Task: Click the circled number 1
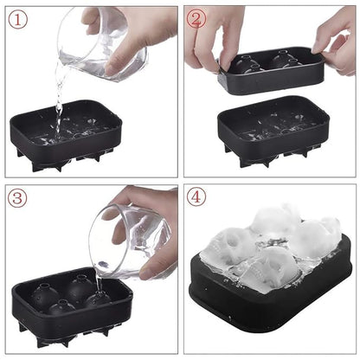[x=16, y=17]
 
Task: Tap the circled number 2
[x=197, y=18]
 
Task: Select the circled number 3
[x=16, y=198]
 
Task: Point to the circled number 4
[x=197, y=197]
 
